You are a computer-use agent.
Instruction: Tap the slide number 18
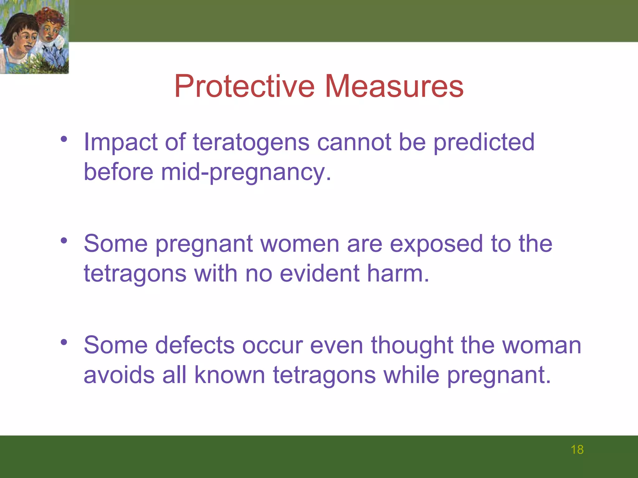click(x=577, y=450)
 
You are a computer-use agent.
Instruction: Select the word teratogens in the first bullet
click(x=251, y=142)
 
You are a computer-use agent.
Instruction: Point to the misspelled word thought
click(x=412, y=345)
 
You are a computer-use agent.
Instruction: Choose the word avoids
click(x=119, y=375)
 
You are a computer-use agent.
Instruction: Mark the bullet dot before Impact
click(x=64, y=139)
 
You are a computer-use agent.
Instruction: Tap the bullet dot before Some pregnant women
click(x=64, y=240)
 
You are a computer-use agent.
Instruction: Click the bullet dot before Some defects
click(x=64, y=342)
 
